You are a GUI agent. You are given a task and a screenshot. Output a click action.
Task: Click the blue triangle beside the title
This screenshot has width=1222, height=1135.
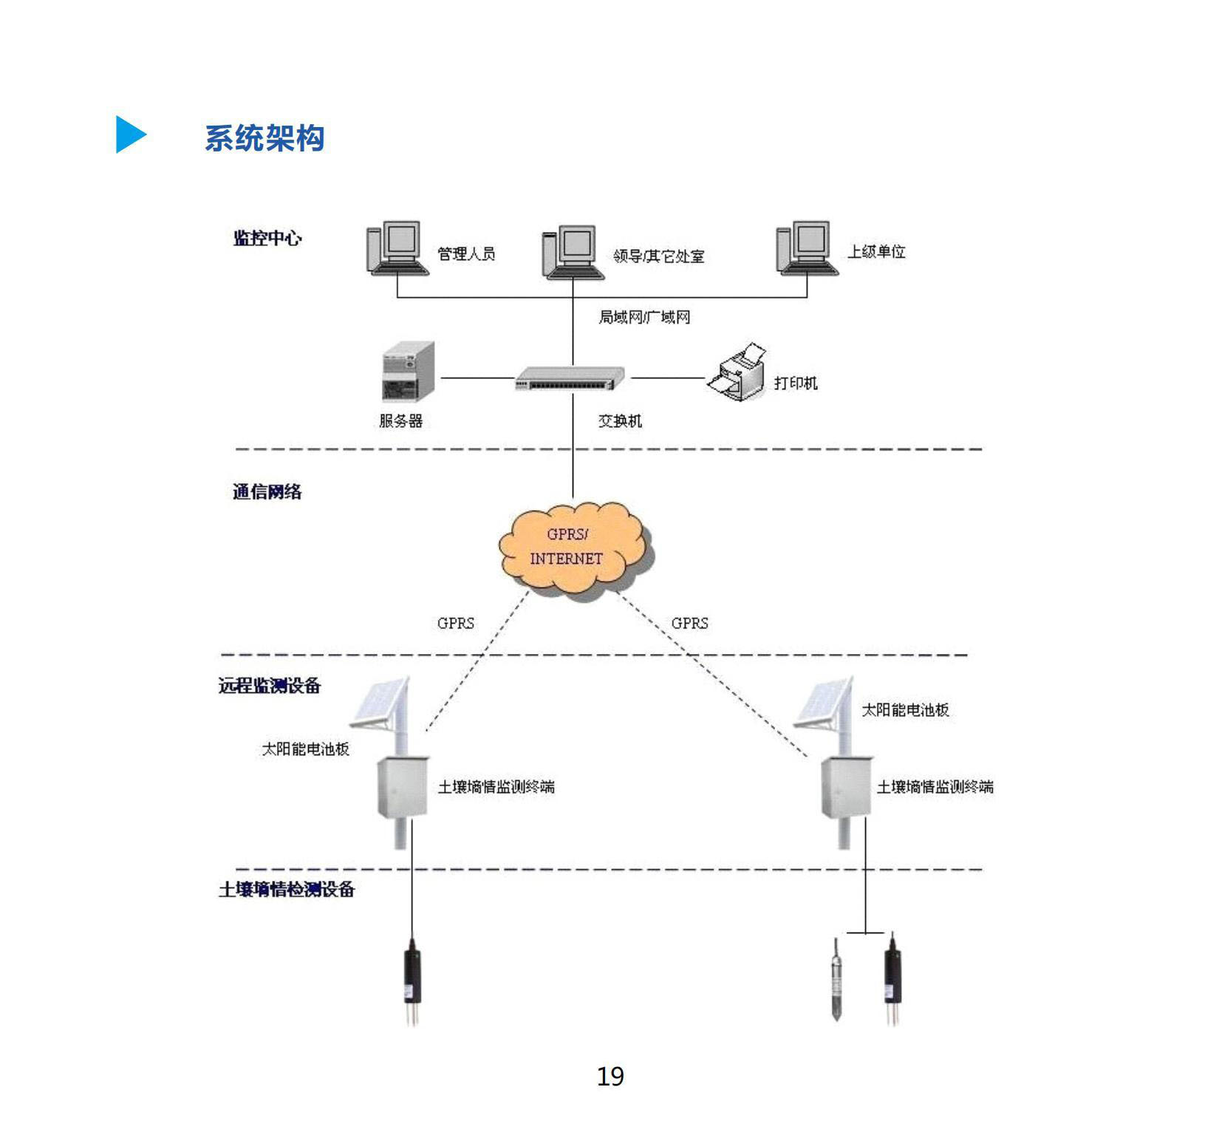130,134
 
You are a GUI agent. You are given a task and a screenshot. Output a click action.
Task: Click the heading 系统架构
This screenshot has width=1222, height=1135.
264,138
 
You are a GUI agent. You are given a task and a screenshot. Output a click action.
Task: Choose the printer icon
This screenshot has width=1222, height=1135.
737,373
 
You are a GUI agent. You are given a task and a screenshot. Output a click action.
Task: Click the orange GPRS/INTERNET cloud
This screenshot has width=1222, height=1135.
575,548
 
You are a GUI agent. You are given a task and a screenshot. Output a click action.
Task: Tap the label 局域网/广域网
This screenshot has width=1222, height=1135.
644,318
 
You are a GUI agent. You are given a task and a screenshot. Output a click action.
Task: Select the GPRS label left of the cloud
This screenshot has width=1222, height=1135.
455,623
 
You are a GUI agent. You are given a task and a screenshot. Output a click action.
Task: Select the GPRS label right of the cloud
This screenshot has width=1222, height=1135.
689,623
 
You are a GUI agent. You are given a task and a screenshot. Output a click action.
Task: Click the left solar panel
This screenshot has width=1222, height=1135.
380,701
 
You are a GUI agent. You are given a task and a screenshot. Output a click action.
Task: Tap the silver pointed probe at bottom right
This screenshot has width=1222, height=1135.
836,979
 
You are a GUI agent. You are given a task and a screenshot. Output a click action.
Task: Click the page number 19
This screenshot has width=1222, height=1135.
610,1077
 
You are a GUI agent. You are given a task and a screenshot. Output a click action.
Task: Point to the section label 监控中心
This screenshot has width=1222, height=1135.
267,239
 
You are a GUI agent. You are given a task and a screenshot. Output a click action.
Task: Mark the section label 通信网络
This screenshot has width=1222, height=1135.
267,491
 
